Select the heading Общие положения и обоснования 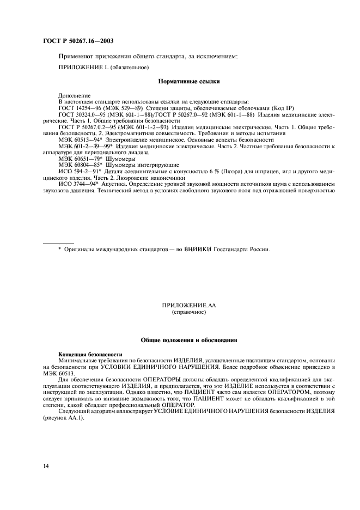point(188,341)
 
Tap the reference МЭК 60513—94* point(82,139)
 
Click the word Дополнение point(75,96)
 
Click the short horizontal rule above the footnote point(58,244)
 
